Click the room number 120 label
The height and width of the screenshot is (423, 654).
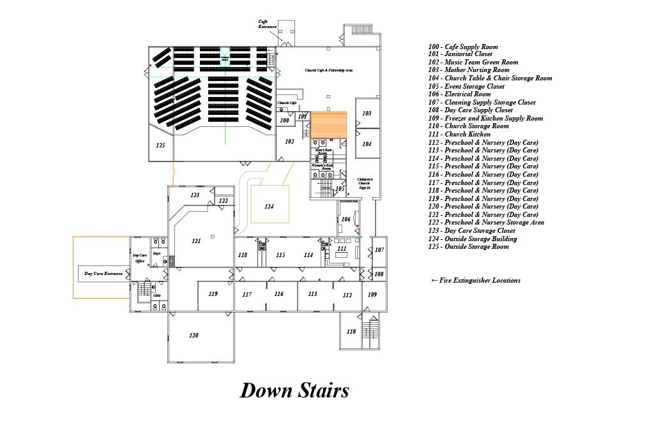[x=194, y=336]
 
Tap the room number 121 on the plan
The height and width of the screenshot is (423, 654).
[x=196, y=241]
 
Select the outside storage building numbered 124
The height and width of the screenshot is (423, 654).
[x=269, y=207]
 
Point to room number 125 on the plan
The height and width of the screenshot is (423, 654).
[x=160, y=145]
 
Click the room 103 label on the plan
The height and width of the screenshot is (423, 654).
[x=367, y=114]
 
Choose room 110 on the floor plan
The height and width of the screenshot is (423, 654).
[x=351, y=332]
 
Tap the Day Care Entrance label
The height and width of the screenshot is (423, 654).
[x=103, y=274]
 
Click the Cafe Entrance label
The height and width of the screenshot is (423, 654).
[x=268, y=24]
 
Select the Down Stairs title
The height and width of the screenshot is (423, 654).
[x=294, y=390]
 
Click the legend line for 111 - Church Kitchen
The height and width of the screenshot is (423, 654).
[x=459, y=135]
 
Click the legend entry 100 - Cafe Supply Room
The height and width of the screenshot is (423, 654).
[x=463, y=47]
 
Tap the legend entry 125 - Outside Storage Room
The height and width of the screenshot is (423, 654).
[x=468, y=247]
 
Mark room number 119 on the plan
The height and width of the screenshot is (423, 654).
[x=213, y=294]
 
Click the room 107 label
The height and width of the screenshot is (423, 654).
[x=379, y=249]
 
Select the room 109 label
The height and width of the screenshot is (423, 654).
[x=372, y=295]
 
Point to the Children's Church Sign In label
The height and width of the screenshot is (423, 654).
[x=364, y=183]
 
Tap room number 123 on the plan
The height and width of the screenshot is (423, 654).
[x=195, y=195]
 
